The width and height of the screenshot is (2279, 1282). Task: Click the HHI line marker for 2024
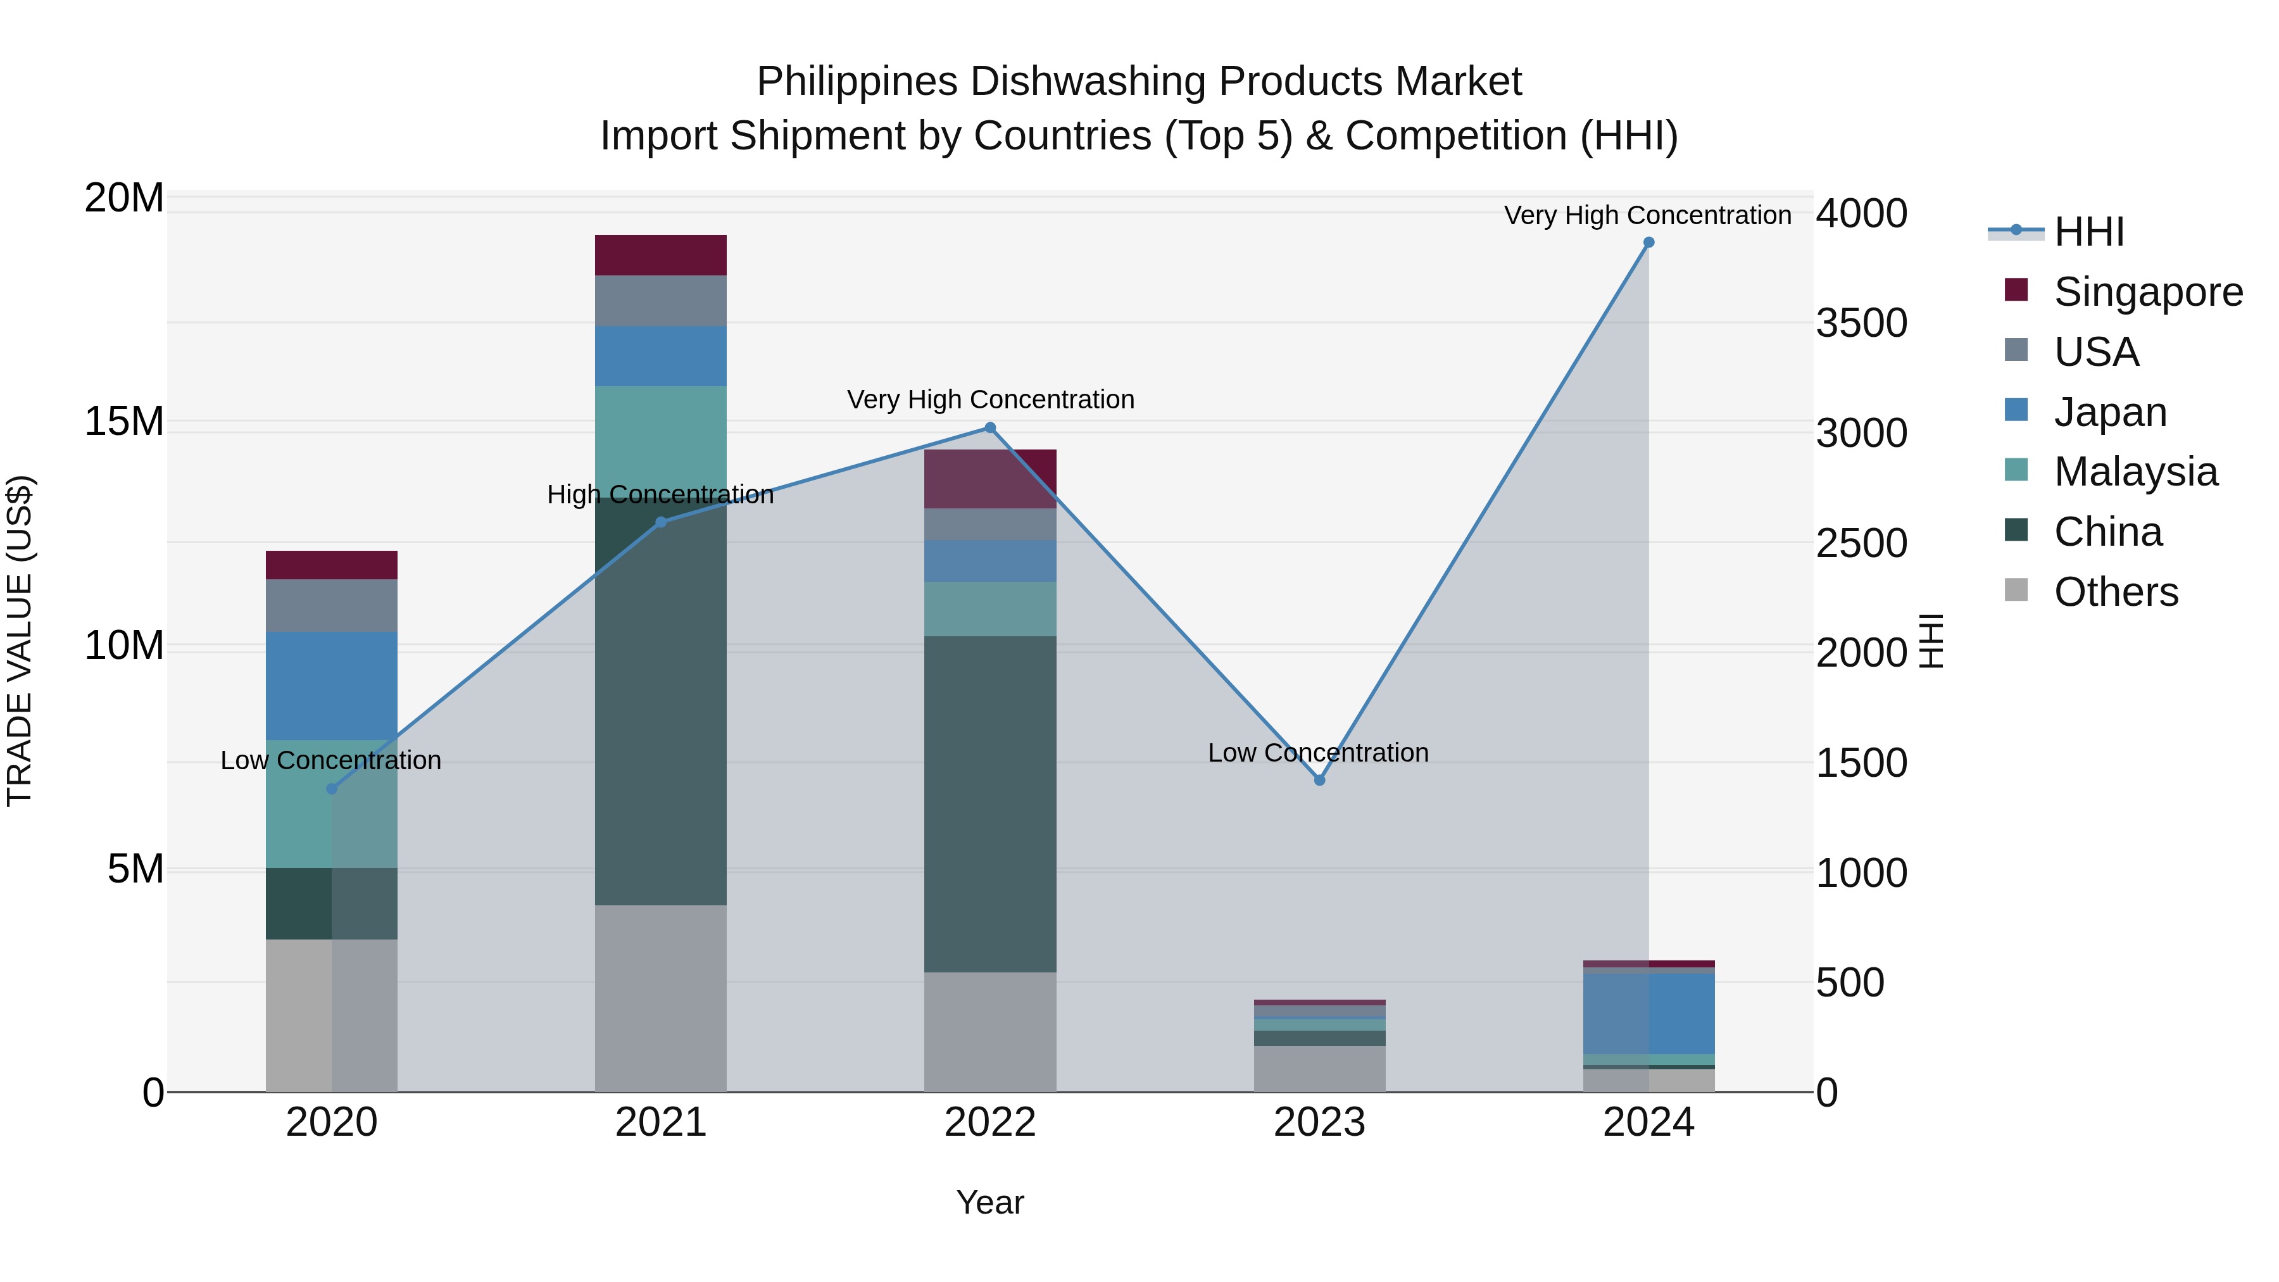1648,242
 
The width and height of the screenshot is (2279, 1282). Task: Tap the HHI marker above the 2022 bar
990,428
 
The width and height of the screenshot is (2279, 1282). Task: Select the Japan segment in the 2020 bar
332,686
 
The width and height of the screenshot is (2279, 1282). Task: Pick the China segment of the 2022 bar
990,803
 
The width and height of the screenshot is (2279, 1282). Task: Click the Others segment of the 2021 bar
660,998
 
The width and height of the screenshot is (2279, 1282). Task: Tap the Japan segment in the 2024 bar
1648,1013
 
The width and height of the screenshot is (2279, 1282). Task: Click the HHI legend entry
2088,232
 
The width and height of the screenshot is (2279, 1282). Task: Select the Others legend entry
2115,592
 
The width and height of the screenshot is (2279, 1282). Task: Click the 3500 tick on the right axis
1861,323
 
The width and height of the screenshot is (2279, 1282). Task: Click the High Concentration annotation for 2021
660,494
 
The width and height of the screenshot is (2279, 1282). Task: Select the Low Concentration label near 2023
1317,753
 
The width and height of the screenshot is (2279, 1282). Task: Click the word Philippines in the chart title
857,82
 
